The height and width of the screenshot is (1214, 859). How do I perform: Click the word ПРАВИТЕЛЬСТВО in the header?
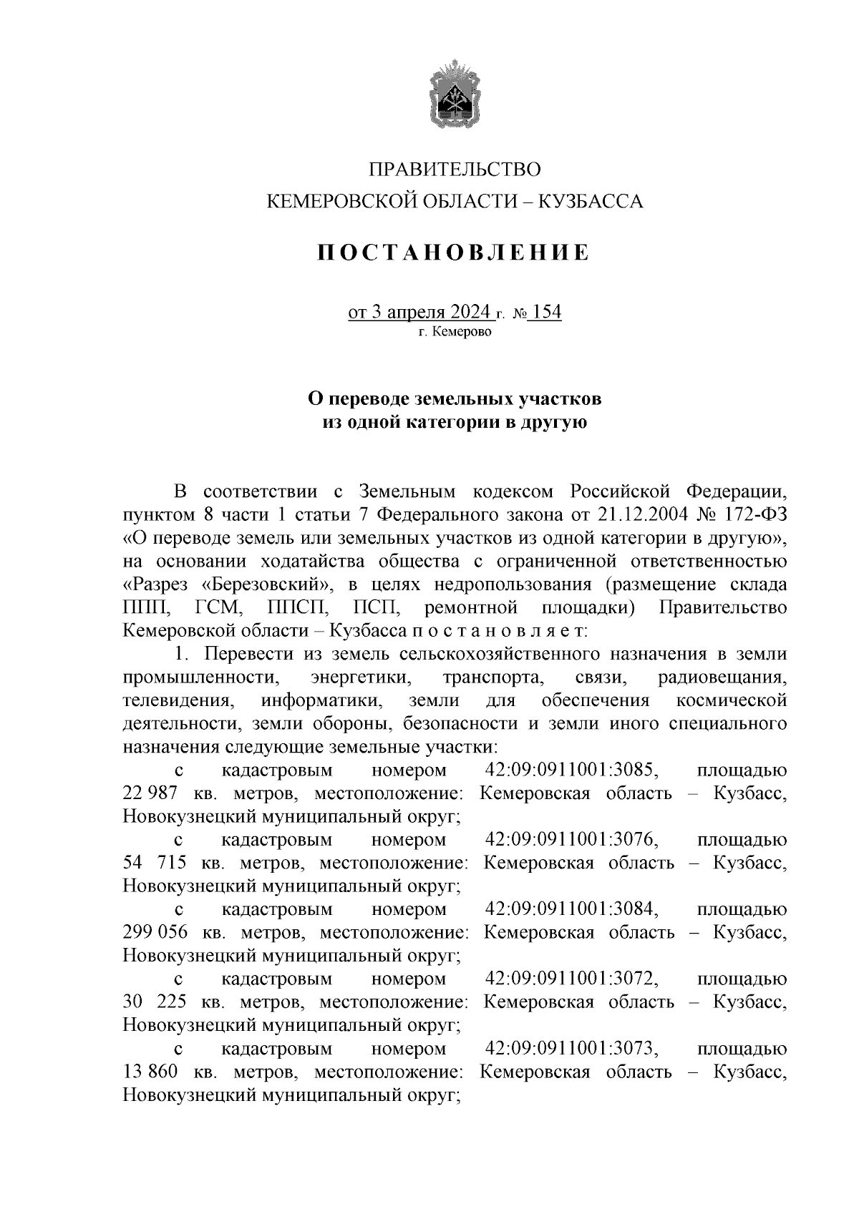(x=455, y=170)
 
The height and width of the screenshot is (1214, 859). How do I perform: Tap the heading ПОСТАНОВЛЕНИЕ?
(x=455, y=253)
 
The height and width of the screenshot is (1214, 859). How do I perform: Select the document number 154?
(x=547, y=313)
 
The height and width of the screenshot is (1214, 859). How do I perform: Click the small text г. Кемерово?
(x=455, y=332)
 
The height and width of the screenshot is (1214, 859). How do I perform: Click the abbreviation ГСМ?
(x=219, y=607)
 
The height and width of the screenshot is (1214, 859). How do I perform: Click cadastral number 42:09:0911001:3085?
(x=571, y=770)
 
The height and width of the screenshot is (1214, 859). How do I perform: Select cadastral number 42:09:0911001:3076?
(x=571, y=839)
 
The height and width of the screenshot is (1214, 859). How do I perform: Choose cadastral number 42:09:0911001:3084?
(x=571, y=909)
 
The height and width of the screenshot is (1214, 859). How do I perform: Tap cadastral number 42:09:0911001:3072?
(x=571, y=978)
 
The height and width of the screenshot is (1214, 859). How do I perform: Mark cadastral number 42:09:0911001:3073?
(x=571, y=1048)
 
